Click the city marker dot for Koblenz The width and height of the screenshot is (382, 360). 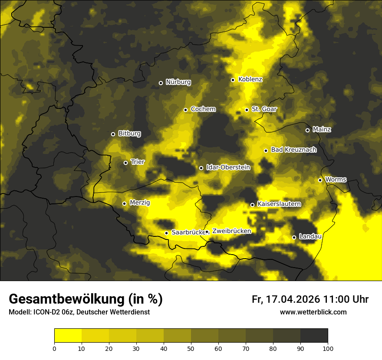[x=233, y=80]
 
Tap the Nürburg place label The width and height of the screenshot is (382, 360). [x=178, y=82]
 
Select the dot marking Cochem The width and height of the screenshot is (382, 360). [x=185, y=110]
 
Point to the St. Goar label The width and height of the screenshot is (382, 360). [x=264, y=109]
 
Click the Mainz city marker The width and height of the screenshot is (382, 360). [x=307, y=130]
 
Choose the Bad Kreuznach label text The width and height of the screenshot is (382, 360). [x=293, y=150]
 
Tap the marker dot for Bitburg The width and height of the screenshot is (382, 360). [x=113, y=134]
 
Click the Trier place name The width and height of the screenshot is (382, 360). [x=138, y=162]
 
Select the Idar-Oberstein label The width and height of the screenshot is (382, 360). [x=228, y=167]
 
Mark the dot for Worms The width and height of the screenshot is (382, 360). [x=320, y=180]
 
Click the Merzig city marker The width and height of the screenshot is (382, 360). [x=124, y=203]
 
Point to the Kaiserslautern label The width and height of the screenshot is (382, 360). [x=279, y=204]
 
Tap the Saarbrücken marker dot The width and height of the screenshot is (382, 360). [x=166, y=233]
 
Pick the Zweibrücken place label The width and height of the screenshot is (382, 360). [x=231, y=231]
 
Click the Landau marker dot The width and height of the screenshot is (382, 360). [x=294, y=237]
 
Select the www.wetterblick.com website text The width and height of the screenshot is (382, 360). [x=313, y=312]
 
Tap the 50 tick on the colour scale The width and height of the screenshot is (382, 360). [x=191, y=348]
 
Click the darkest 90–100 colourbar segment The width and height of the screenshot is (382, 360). [x=314, y=336]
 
